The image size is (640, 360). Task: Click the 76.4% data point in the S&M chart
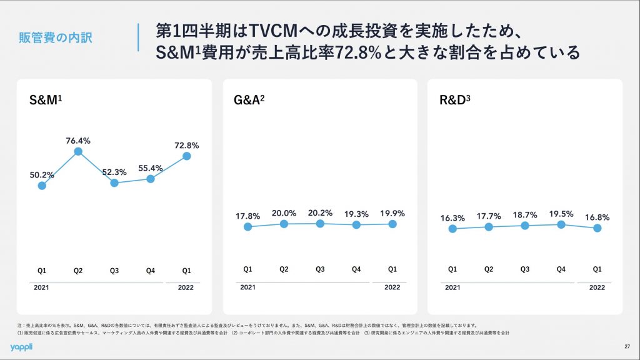78,151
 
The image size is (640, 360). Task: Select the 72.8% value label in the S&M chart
186,145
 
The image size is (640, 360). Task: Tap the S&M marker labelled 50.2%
42,185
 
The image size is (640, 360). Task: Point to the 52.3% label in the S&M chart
114,172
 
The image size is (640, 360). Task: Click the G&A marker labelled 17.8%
247,226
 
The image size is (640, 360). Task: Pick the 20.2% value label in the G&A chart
320,212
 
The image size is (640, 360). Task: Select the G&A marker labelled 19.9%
392,223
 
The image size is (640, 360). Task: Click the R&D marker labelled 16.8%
597,228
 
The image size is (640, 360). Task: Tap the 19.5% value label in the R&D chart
561,214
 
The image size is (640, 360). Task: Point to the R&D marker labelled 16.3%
452,229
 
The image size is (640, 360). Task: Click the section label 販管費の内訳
56,38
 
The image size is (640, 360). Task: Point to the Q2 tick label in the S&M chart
78,271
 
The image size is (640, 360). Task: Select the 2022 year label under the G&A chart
392,287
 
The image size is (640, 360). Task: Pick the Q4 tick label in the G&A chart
356,269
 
